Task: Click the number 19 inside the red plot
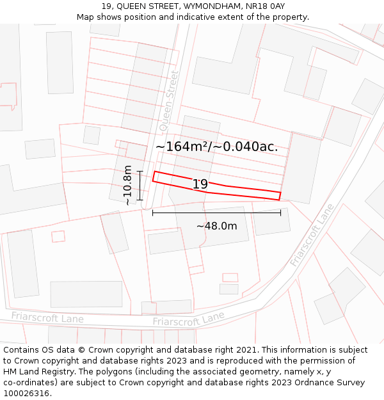pos(200,184)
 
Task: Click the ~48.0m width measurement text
pos(216,226)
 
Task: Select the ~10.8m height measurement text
pos(128,185)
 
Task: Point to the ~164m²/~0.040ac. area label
pos(216,147)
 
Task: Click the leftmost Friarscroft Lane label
pos(47,317)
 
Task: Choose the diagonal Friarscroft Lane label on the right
pos(312,236)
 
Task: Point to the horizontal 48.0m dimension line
pos(216,212)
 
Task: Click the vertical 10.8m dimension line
pos(140,186)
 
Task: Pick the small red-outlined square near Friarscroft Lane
pos(230,278)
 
